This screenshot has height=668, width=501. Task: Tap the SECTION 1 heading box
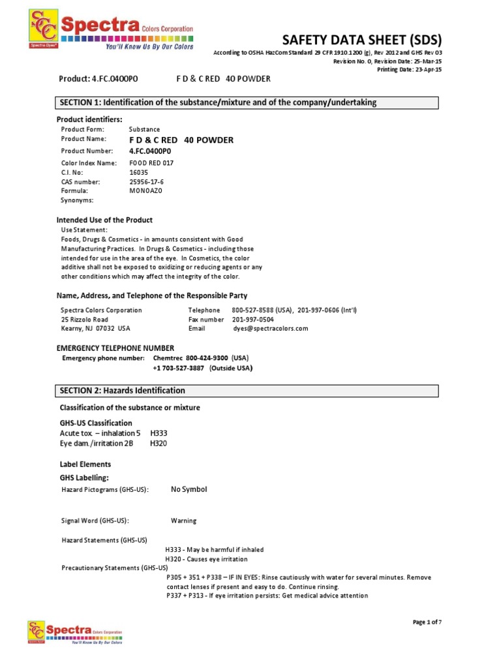coord(247,102)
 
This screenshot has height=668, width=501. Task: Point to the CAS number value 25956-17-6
coord(147,182)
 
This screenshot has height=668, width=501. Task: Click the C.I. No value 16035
coord(138,172)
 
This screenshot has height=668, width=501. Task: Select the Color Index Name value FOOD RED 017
coord(151,163)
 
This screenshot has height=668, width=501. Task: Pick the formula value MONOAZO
coord(145,191)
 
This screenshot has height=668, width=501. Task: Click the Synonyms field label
coord(78,200)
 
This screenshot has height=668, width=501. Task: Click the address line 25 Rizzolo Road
coord(84,320)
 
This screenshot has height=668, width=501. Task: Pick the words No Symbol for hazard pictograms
coord(189,489)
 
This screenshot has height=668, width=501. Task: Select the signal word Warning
coord(183,521)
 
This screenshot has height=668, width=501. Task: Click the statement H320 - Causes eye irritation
coord(207,559)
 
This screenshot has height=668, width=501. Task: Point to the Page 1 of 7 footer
coord(427,622)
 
